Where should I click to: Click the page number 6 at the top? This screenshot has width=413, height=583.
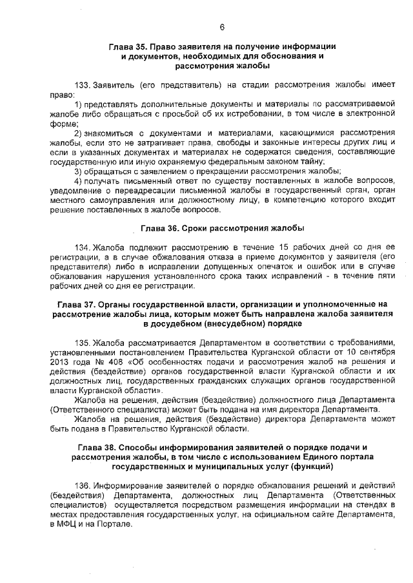pyautogui.click(x=221, y=27)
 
